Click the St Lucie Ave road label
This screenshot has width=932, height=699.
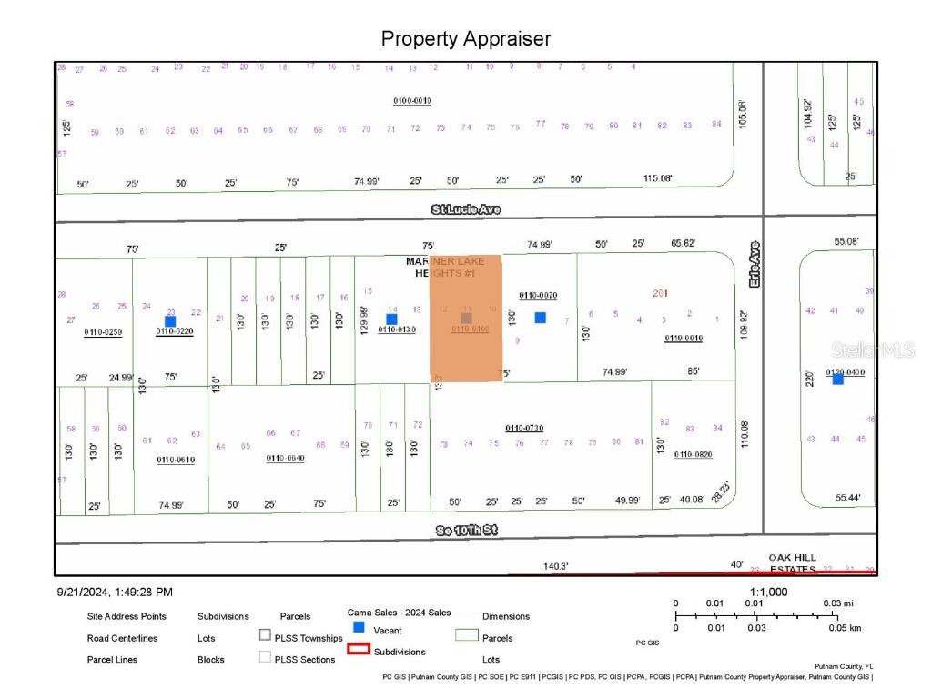coord(466,209)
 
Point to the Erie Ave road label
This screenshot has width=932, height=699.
coord(754,265)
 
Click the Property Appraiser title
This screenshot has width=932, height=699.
coord(465,39)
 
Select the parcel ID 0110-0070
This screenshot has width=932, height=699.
coord(538,295)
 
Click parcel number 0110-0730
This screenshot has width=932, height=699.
coord(524,428)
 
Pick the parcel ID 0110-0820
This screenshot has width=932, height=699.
coord(694,453)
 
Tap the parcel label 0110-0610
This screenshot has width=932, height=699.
coord(176,460)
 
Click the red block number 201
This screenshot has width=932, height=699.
coord(660,292)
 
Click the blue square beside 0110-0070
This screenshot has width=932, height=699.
coord(540,318)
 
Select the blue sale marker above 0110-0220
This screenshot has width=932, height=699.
coord(170,320)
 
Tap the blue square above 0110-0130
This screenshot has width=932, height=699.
coord(391,319)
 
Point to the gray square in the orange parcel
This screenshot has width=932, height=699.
coord(466,318)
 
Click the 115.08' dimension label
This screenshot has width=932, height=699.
coord(657,178)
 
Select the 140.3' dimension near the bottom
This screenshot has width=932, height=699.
coord(556,566)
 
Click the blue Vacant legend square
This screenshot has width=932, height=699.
coord(359,628)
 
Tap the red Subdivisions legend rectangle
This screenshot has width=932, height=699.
coord(359,650)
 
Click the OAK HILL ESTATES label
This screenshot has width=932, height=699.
coord(793,562)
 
